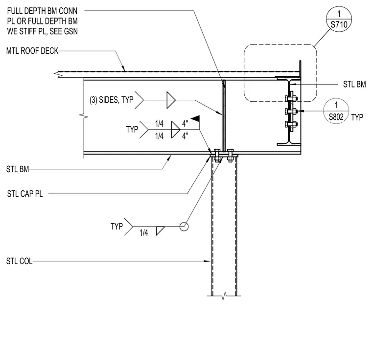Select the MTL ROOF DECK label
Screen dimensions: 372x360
click(32, 51)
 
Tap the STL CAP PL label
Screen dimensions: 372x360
click(25, 194)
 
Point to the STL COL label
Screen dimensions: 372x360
click(19, 261)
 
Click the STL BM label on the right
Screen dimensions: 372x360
click(354, 84)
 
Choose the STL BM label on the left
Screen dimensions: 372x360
click(18, 169)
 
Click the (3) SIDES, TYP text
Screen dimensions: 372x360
click(112, 100)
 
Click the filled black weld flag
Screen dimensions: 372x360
click(196, 118)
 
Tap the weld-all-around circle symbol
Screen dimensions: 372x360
click(184, 226)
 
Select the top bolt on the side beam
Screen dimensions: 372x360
click(291, 98)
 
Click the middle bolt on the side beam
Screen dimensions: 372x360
click(291, 111)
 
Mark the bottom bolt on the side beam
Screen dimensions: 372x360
click(291, 124)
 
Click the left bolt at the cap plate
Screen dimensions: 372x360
click(217, 156)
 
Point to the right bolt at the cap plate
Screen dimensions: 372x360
click(230, 156)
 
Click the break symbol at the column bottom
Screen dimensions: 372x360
click(224, 296)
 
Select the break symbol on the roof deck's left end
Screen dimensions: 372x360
click(58, 74)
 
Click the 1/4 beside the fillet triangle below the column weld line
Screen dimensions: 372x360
click(144, 233)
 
